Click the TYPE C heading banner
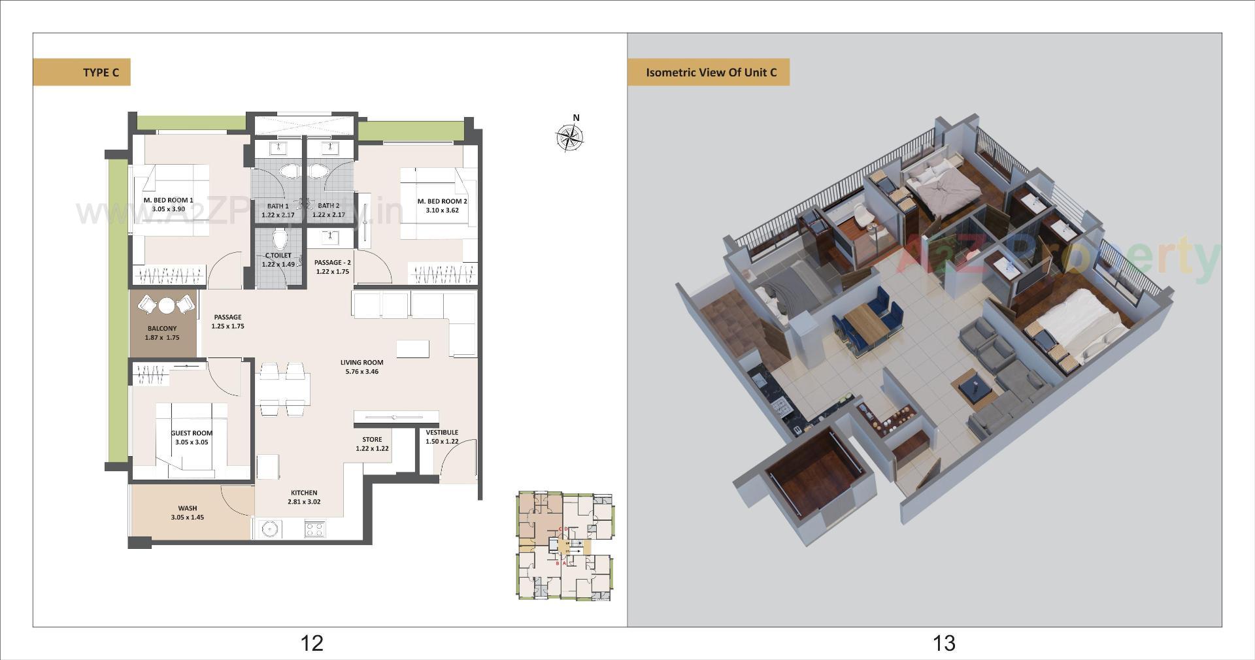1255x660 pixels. tap(82, 73)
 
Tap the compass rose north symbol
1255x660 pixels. tap(569, 137)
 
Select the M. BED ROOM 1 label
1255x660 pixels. tap(168, 201)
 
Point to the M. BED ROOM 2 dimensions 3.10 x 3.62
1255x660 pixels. tap(443, 210)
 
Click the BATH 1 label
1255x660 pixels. tap(278, 206)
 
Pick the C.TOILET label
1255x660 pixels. tap(278, 256)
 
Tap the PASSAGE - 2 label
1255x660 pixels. tap(332, 263)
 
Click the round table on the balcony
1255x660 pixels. tap(167, 305)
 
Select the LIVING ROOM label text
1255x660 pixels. tap(361, 363)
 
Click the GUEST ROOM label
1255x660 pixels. tap(192, 433)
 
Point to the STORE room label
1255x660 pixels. tap(372, 440)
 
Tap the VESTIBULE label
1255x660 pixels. tap(442, 433)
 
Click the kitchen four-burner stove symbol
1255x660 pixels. tap(314, 529)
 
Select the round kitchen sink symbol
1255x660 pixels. tap(269, 529)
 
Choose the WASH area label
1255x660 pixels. tap(188, 508)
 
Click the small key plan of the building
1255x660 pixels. tap(565, 546)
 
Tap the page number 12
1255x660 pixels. tap(312, 643)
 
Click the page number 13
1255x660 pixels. tap(944, 643)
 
